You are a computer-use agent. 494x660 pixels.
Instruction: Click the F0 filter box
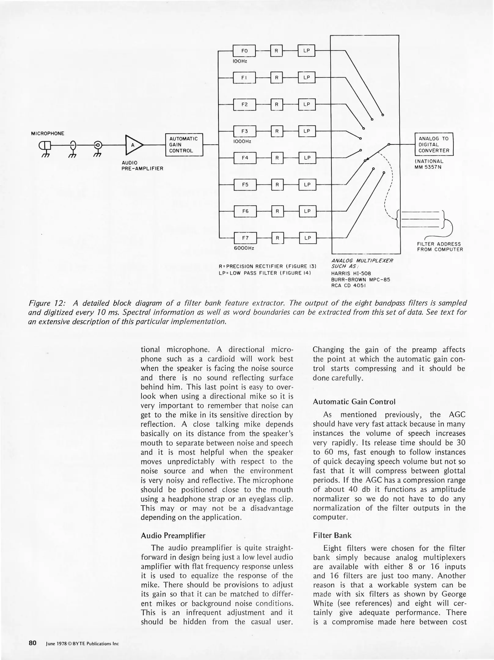point(244,51)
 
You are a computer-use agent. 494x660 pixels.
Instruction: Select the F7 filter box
point(245,238)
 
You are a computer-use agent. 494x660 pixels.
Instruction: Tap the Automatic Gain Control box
point(184,145)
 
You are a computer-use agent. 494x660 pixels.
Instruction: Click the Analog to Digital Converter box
point(434,145)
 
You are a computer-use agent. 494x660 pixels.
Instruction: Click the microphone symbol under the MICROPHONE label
point(45,145)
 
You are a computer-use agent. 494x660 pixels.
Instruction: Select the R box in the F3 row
point(277,131)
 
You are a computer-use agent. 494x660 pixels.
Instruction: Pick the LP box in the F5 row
point(307,185)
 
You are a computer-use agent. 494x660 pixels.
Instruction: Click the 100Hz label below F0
point(240,61)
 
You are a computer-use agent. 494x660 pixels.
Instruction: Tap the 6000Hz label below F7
point(244,248)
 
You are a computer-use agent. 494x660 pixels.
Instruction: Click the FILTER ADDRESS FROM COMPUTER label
point(440,247)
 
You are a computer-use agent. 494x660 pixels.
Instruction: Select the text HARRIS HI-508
point(347,274)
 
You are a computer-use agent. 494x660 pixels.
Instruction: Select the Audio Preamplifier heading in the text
point(173,535)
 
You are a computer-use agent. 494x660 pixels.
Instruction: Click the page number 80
point(33,643)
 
